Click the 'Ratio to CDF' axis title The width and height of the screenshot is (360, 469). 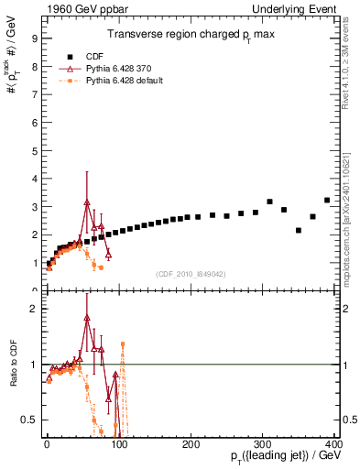click(14, 376)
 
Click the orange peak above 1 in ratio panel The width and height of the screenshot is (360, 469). click(123, 344)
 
